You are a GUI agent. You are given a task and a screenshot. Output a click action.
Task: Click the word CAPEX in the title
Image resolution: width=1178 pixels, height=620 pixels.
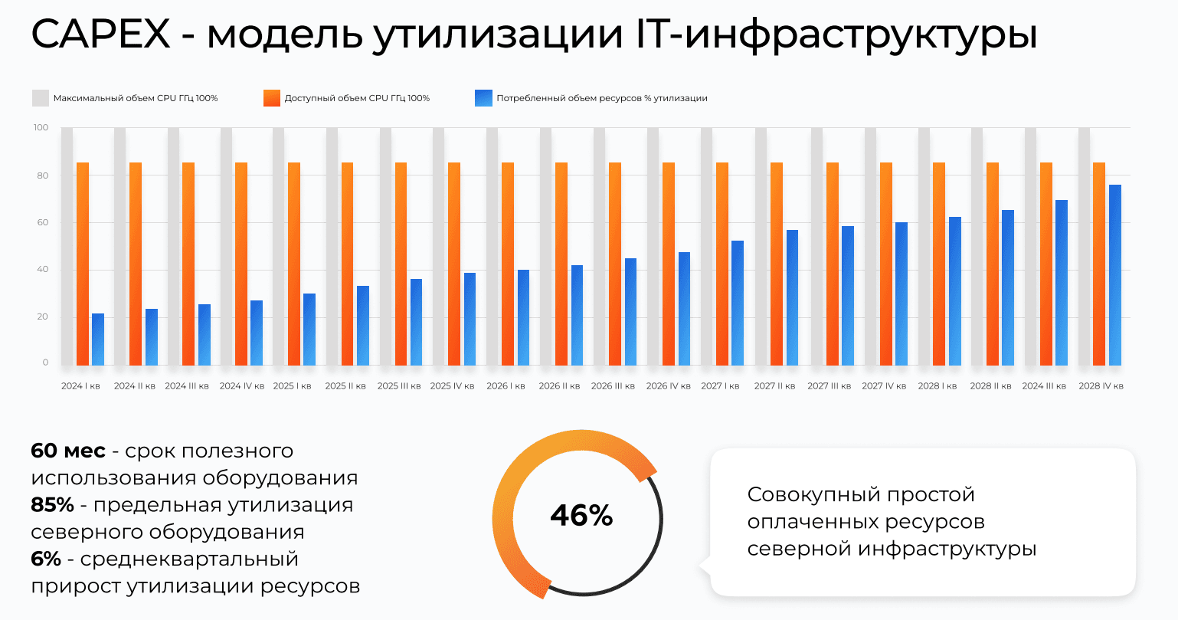101,34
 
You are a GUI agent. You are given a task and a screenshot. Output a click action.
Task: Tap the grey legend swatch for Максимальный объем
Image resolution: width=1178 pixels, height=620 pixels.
40,98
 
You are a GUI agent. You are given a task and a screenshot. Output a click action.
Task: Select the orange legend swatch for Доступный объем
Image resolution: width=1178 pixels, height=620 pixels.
271,98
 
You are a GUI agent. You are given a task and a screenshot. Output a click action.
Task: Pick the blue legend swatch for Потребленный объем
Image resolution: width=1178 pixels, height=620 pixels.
483,98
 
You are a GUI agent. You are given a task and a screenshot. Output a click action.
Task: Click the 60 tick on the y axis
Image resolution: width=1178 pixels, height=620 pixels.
43,223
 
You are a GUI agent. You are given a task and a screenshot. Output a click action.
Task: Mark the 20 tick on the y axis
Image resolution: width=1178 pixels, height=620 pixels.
43,317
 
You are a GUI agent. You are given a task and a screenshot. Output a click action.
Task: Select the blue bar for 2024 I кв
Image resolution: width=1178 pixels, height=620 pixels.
98,340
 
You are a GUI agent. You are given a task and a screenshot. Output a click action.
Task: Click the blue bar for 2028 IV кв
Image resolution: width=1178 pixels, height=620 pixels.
1115,275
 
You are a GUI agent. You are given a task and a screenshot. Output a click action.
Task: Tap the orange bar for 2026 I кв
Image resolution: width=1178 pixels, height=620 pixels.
508,264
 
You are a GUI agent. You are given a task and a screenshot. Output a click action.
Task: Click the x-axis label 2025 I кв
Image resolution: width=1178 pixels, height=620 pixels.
292,386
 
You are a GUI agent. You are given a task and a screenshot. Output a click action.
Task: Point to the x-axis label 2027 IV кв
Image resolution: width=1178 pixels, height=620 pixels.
884,386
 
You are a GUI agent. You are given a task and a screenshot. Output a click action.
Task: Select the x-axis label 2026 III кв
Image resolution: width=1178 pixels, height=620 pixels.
613,386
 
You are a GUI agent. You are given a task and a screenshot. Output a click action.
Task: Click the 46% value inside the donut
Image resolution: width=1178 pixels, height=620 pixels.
581,516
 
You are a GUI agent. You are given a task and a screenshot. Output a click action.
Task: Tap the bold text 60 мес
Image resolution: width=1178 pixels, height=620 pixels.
68,451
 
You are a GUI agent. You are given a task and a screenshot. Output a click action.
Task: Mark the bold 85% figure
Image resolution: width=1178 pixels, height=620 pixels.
52,505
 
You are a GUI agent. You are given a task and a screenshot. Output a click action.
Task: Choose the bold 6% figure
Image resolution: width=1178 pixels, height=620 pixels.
46,559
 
